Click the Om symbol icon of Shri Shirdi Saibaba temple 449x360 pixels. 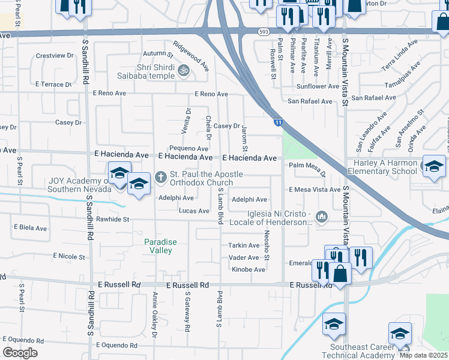[185, 71]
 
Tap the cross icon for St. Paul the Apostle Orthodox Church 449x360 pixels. [160, 176]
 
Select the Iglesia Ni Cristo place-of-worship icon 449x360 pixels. [321, 216]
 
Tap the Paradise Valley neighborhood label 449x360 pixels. [160, 246]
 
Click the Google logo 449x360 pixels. [20, 353]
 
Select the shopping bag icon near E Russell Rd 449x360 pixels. [340, 273]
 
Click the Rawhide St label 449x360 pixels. [113, 220]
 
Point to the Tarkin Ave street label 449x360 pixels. [243, 245]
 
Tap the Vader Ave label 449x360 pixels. [244, 257]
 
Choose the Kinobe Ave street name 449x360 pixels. [248, 269]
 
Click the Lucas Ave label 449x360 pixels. [194, 211]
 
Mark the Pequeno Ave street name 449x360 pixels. [188, 148]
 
